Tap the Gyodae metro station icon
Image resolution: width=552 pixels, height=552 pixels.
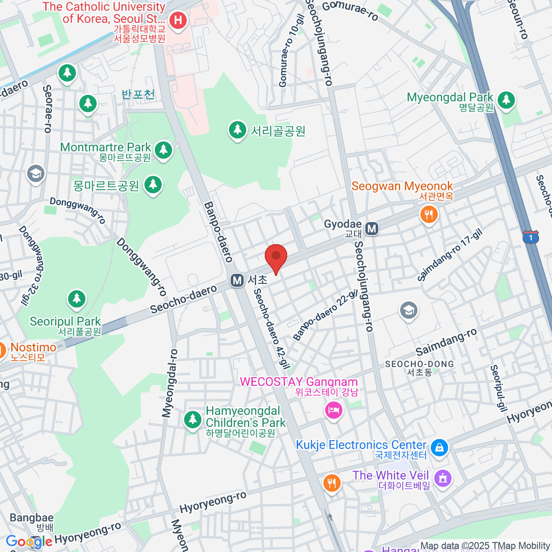(x=372, y=228)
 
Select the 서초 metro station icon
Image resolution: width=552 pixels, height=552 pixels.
(x=237, y=280)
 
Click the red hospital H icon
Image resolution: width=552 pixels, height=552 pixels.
(x=178, y=20)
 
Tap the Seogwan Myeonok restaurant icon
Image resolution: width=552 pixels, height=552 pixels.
(x=429, y=214)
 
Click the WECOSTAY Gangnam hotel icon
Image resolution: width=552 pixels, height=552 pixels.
(x=333, y=410)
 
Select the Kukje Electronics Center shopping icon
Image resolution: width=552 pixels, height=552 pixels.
(x=439, y=447)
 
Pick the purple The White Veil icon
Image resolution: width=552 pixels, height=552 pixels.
(x=443, y=478)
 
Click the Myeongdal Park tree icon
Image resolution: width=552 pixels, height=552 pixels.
(x=506, y=100)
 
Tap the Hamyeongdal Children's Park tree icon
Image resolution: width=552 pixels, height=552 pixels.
(x=193, y=419)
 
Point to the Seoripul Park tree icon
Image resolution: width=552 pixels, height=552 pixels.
(x=77, y=299)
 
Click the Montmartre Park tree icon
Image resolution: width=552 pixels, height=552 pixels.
(x=163, y=149)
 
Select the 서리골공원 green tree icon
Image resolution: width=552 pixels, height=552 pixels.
(x=237, y=130)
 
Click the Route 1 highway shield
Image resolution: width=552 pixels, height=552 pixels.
(x=531, y=237)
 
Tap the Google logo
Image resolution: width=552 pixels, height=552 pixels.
(x=29, y=541)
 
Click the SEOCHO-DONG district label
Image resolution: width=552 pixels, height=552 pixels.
(x=419, y=364)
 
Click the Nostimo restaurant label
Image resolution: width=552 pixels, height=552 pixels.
(x=34, y=347)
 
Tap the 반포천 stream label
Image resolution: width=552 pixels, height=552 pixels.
(x=138, y=94)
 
